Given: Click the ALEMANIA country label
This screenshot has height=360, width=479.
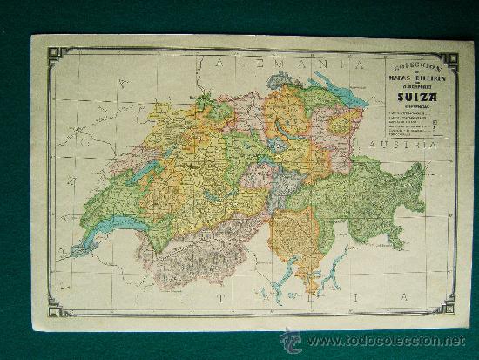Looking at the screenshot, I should point(279,64).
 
